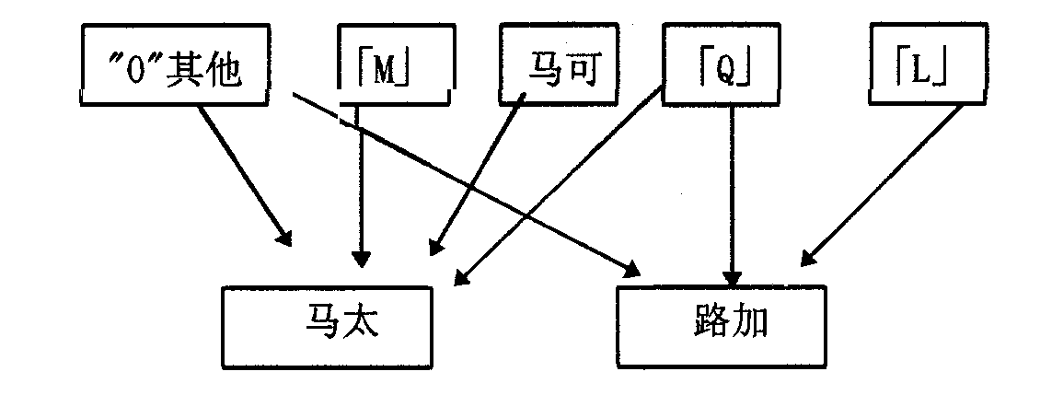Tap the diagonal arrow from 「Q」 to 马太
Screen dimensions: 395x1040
coord(561,184)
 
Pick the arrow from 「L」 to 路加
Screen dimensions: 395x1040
coord(884,184)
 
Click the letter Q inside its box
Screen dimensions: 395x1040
coord(723,70)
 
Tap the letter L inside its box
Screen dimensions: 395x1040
coord(921,70)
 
